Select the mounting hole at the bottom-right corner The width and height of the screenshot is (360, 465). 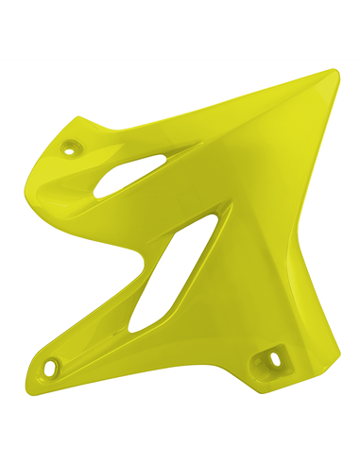coord(275,358)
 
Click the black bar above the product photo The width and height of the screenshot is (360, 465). coord(180,28)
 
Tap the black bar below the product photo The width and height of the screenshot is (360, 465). coord(180,435)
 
